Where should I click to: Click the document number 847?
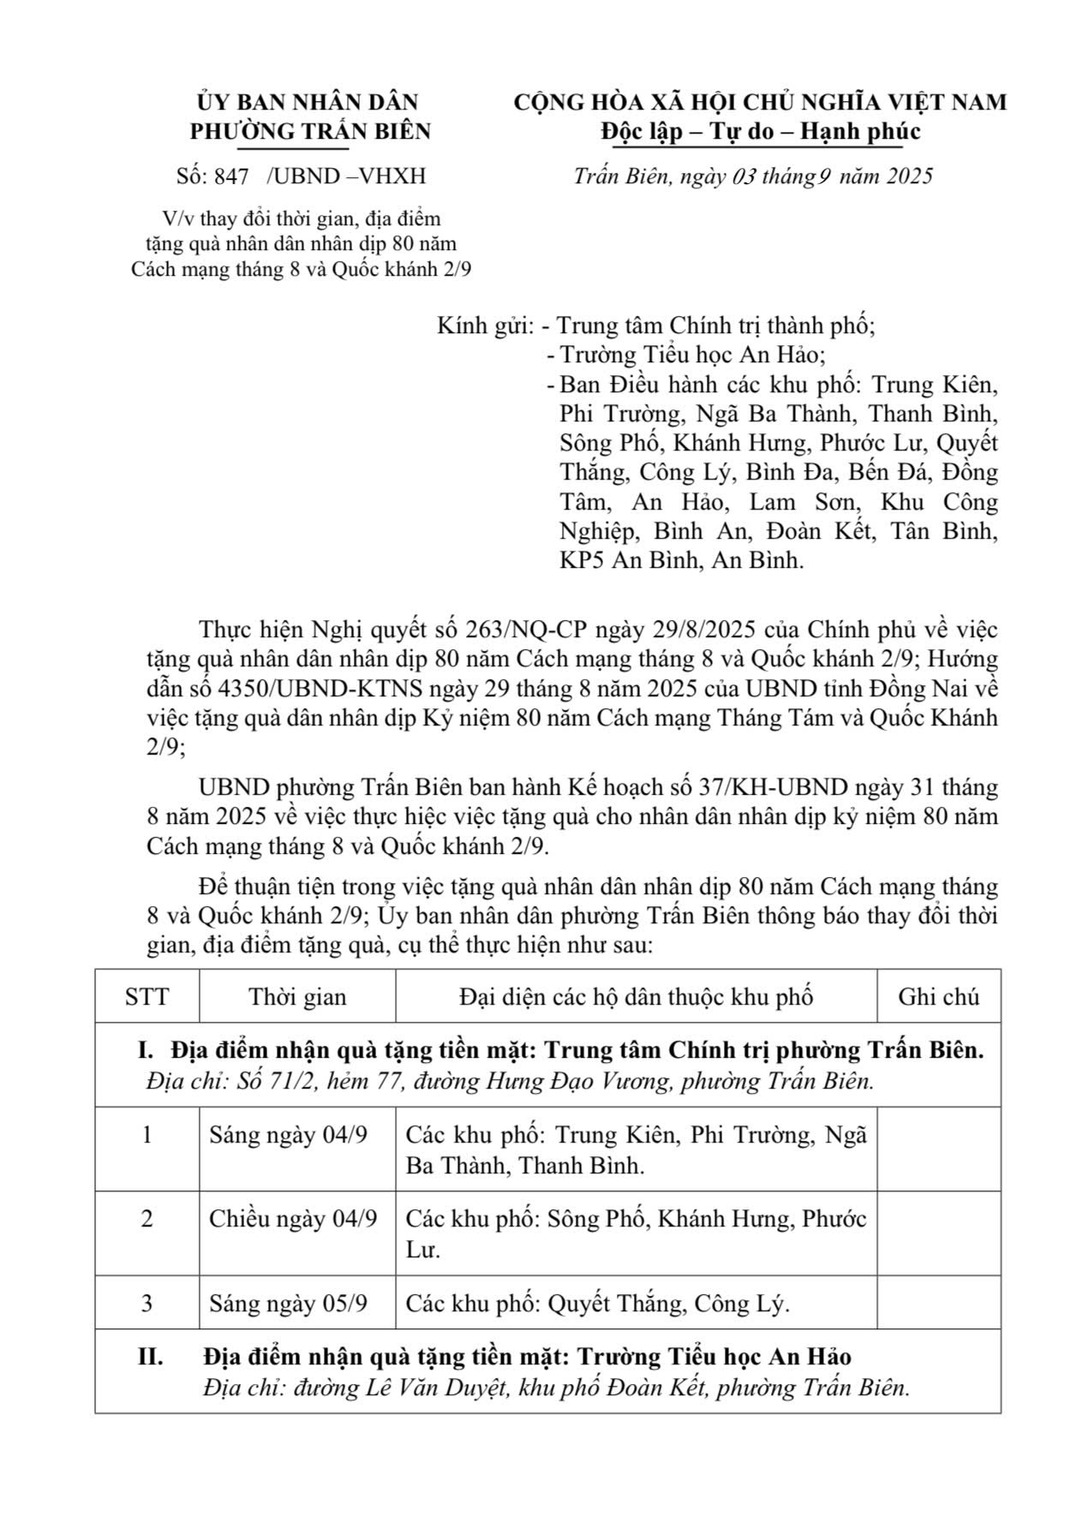(230, 176)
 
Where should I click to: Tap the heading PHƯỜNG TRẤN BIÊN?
(310, 131)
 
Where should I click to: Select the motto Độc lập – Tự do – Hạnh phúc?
(760, 131)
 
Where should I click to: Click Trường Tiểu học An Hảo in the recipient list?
(692, 355)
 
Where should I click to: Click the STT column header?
(146, 997)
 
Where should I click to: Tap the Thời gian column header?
(297, 997)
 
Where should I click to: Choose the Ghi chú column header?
(938, 997)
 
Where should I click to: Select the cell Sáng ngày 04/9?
(288, 1136)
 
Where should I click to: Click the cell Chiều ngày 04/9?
(293, 1219)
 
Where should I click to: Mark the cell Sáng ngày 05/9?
(288, 1304)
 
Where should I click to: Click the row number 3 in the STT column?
(146, 1304)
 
